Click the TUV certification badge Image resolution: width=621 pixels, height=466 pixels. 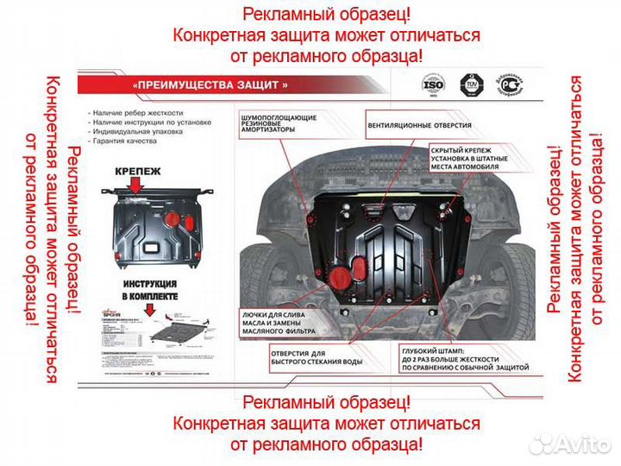click(471, 86)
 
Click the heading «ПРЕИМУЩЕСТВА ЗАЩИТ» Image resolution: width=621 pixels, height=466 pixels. click(210, 85)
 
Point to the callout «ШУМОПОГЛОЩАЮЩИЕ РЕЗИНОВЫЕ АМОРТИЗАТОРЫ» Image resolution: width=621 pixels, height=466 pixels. click(278, 123)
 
